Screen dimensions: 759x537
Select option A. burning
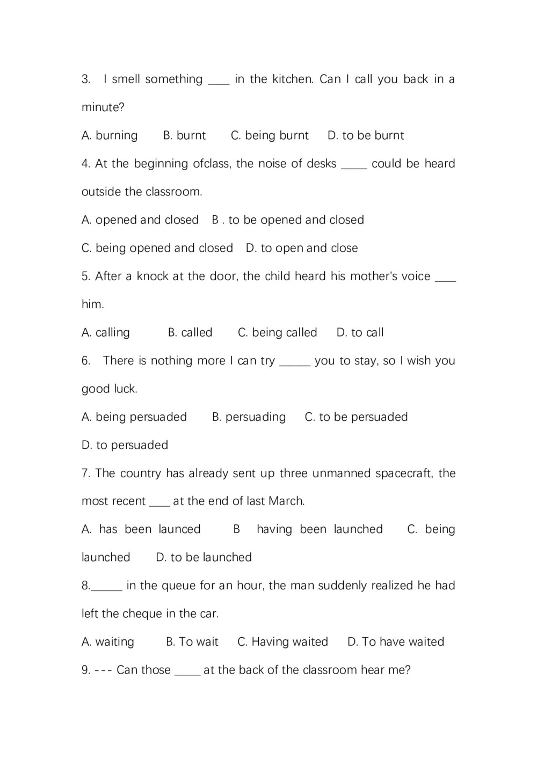coord(110,135)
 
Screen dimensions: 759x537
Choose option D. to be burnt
coord(366,135)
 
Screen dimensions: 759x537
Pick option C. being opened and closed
coord(157,248)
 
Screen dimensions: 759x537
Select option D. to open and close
coord(302,248)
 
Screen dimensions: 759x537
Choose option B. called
coord(190,332)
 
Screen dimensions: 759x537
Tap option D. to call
coord(360,332)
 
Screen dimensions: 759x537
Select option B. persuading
coord(249,417)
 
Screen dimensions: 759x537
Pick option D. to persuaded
coord(125,445)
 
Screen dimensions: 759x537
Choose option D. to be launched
coord(204,557)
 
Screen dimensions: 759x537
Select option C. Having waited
coord(282,642)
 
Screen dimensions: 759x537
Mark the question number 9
coord(85,670)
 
